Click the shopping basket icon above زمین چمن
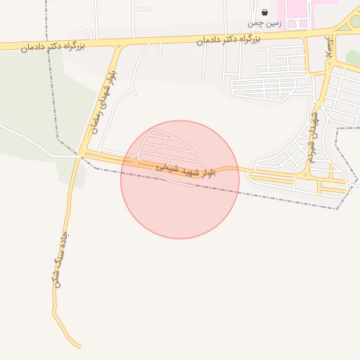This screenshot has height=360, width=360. [264, 12]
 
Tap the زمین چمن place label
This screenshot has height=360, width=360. [261, 23]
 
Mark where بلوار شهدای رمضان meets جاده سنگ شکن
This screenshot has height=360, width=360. [82, 153]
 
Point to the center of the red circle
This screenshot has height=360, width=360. [180, 179]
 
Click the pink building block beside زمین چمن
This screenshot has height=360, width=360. [292, 11]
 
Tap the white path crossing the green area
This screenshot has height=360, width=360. [28, 137]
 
